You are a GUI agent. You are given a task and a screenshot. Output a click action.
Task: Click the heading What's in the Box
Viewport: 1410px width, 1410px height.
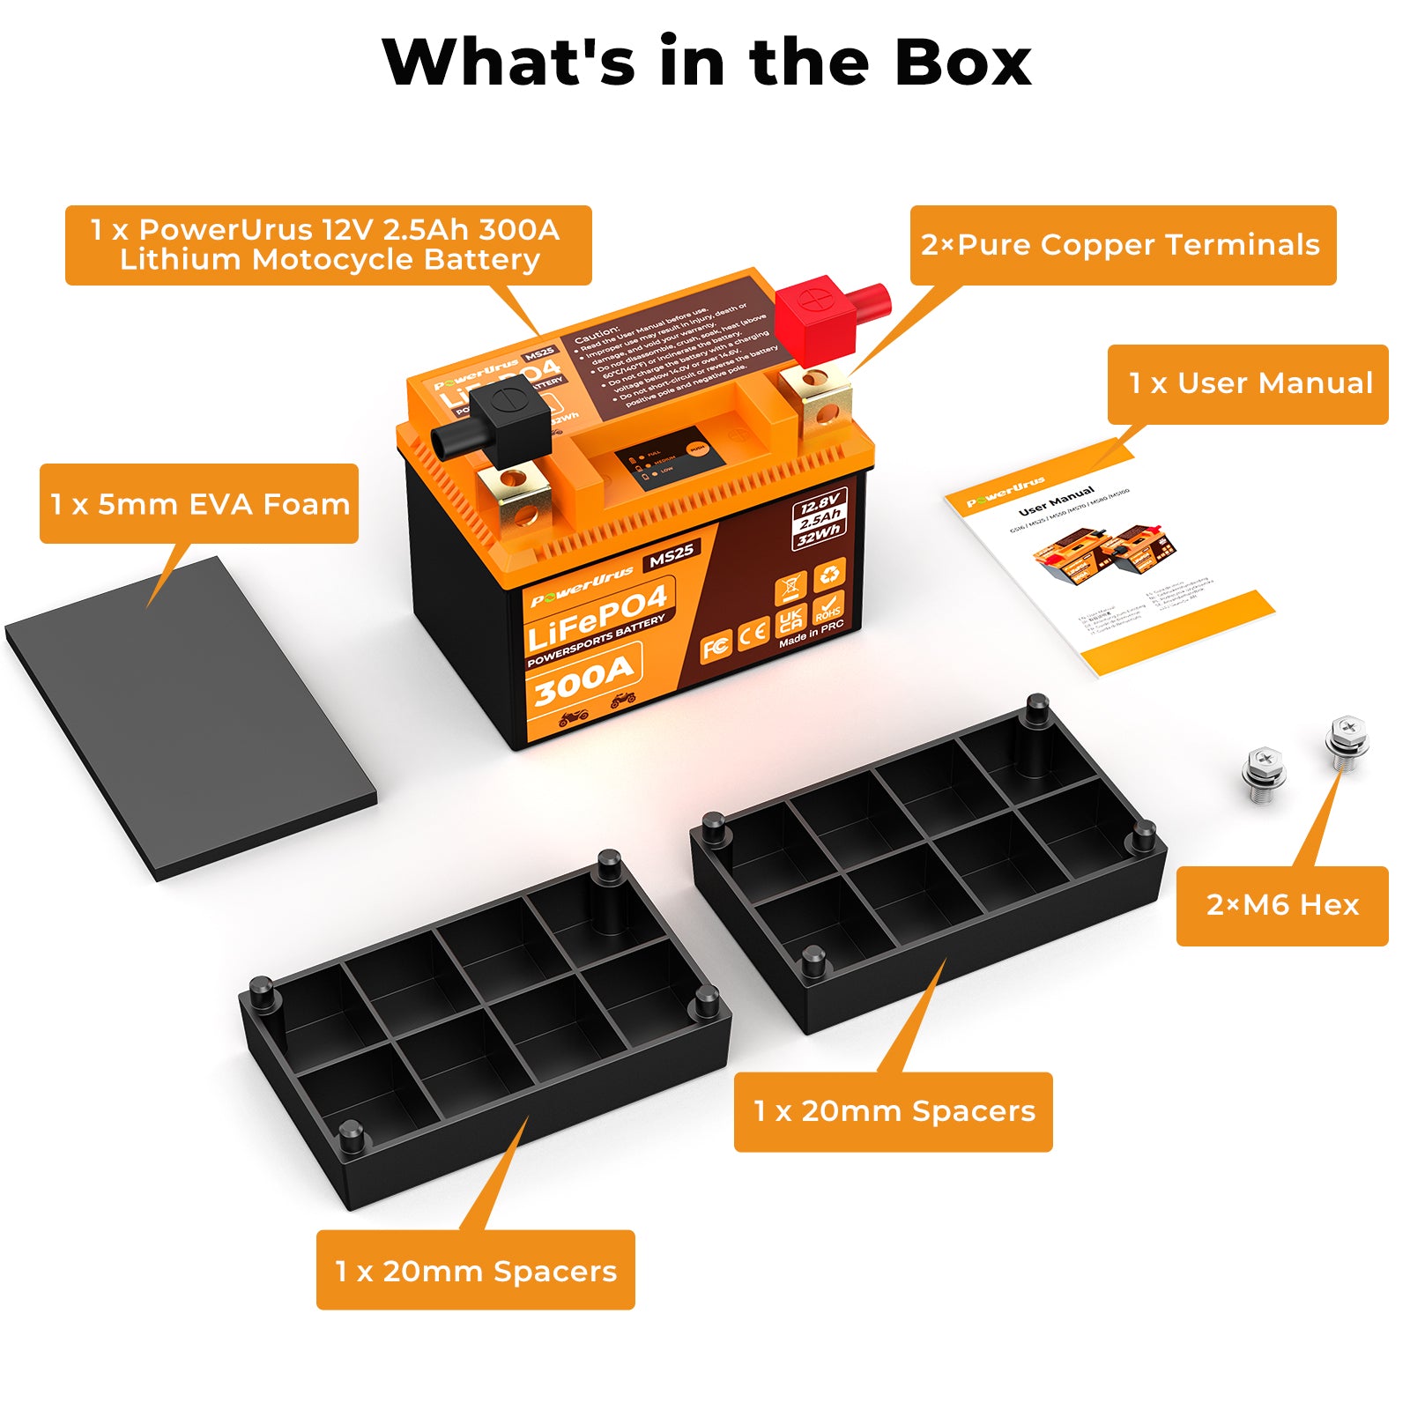pos(706,62)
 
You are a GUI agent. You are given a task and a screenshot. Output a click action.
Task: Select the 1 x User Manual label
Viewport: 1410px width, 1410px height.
pos(1249,383)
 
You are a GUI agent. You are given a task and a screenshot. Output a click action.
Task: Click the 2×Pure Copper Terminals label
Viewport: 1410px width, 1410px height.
pos(1122,245)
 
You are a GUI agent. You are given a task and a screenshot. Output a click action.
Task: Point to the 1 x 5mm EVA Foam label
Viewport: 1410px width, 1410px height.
pos(199,504)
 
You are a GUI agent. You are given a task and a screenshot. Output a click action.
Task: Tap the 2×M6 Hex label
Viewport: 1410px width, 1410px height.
pos(1282,905)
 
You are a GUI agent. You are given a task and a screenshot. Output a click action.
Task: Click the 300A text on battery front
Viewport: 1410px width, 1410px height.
pos(583,678)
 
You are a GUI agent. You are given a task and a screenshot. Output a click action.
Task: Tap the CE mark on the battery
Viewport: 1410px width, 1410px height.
pos(753,634)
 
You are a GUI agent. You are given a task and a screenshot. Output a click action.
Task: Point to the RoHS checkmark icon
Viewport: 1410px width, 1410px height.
pos(828,606)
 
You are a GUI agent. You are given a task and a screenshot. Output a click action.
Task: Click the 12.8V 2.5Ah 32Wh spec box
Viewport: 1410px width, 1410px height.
pos(819,517)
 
